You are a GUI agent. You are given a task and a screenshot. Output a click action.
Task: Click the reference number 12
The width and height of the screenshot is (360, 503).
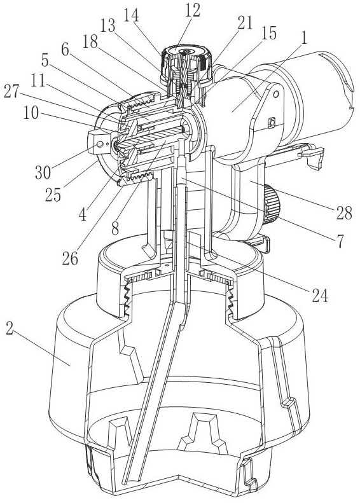pyautogui.click(x=192, y=11)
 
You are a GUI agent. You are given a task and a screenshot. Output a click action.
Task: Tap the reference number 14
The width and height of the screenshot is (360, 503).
pyautogui.click(x=132, y=15)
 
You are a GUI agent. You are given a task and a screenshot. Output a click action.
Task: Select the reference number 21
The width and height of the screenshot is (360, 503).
pyautogui.click(x=245, y=23)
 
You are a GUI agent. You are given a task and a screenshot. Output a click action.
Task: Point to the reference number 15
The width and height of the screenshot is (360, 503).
pyautogui.click(x=269, y=33)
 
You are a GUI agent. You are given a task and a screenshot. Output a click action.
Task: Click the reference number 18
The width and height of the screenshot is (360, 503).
pyautogui.click(x=90, y=41)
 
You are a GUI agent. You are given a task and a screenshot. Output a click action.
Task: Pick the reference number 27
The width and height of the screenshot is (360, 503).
pyautogui.click(x=12, y=92)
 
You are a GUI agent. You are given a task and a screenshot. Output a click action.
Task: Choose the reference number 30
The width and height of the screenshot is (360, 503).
pyautogui.click(x=43, y=172)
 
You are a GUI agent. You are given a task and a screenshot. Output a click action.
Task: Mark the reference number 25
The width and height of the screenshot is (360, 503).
pyautogui.click(x=53, y=195)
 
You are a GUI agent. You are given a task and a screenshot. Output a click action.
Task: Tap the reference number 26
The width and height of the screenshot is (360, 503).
pyautogui.click(x=70, y=259)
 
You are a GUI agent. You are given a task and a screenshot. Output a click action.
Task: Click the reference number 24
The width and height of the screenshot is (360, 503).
pyautogui.click(x=320, y=296)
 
